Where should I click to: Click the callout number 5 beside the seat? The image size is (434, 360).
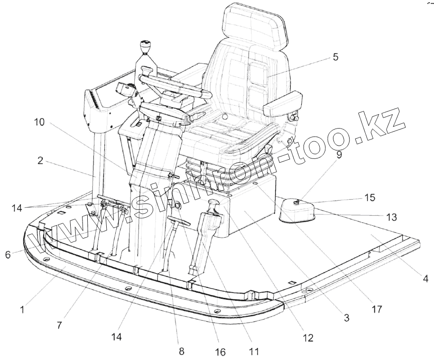(x=335, y=57)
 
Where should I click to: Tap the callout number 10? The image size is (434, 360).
(x=39, y=122)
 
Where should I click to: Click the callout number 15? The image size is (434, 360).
(x=369, y=196)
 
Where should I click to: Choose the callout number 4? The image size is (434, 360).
(x=425, y=279)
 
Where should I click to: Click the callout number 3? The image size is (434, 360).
(x=346, y=318)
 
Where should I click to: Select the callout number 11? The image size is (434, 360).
(x=254, y=351)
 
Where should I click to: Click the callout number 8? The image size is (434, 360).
(x=181, y=351)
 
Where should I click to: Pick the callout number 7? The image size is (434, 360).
(x=59, y=326)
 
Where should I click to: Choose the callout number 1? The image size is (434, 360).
(x=21, y=311)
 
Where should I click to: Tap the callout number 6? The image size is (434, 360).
(x=8, y=254)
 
